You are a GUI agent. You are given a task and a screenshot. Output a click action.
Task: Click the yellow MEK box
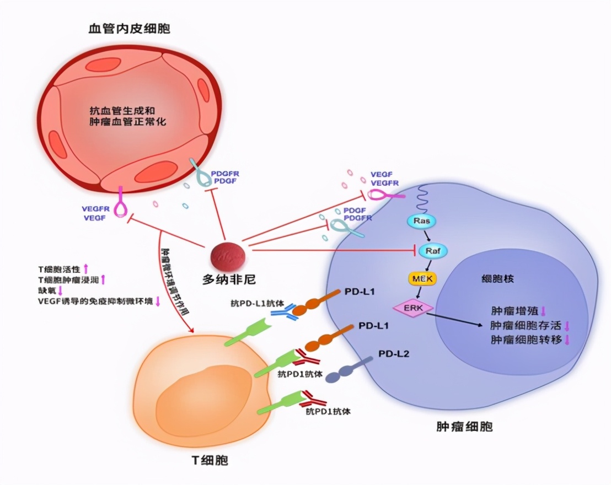(x=422, y=279)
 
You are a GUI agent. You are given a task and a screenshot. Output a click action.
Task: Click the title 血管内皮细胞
(x=129, y=29)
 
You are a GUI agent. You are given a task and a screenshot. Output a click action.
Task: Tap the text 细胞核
(x=497, y=279)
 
